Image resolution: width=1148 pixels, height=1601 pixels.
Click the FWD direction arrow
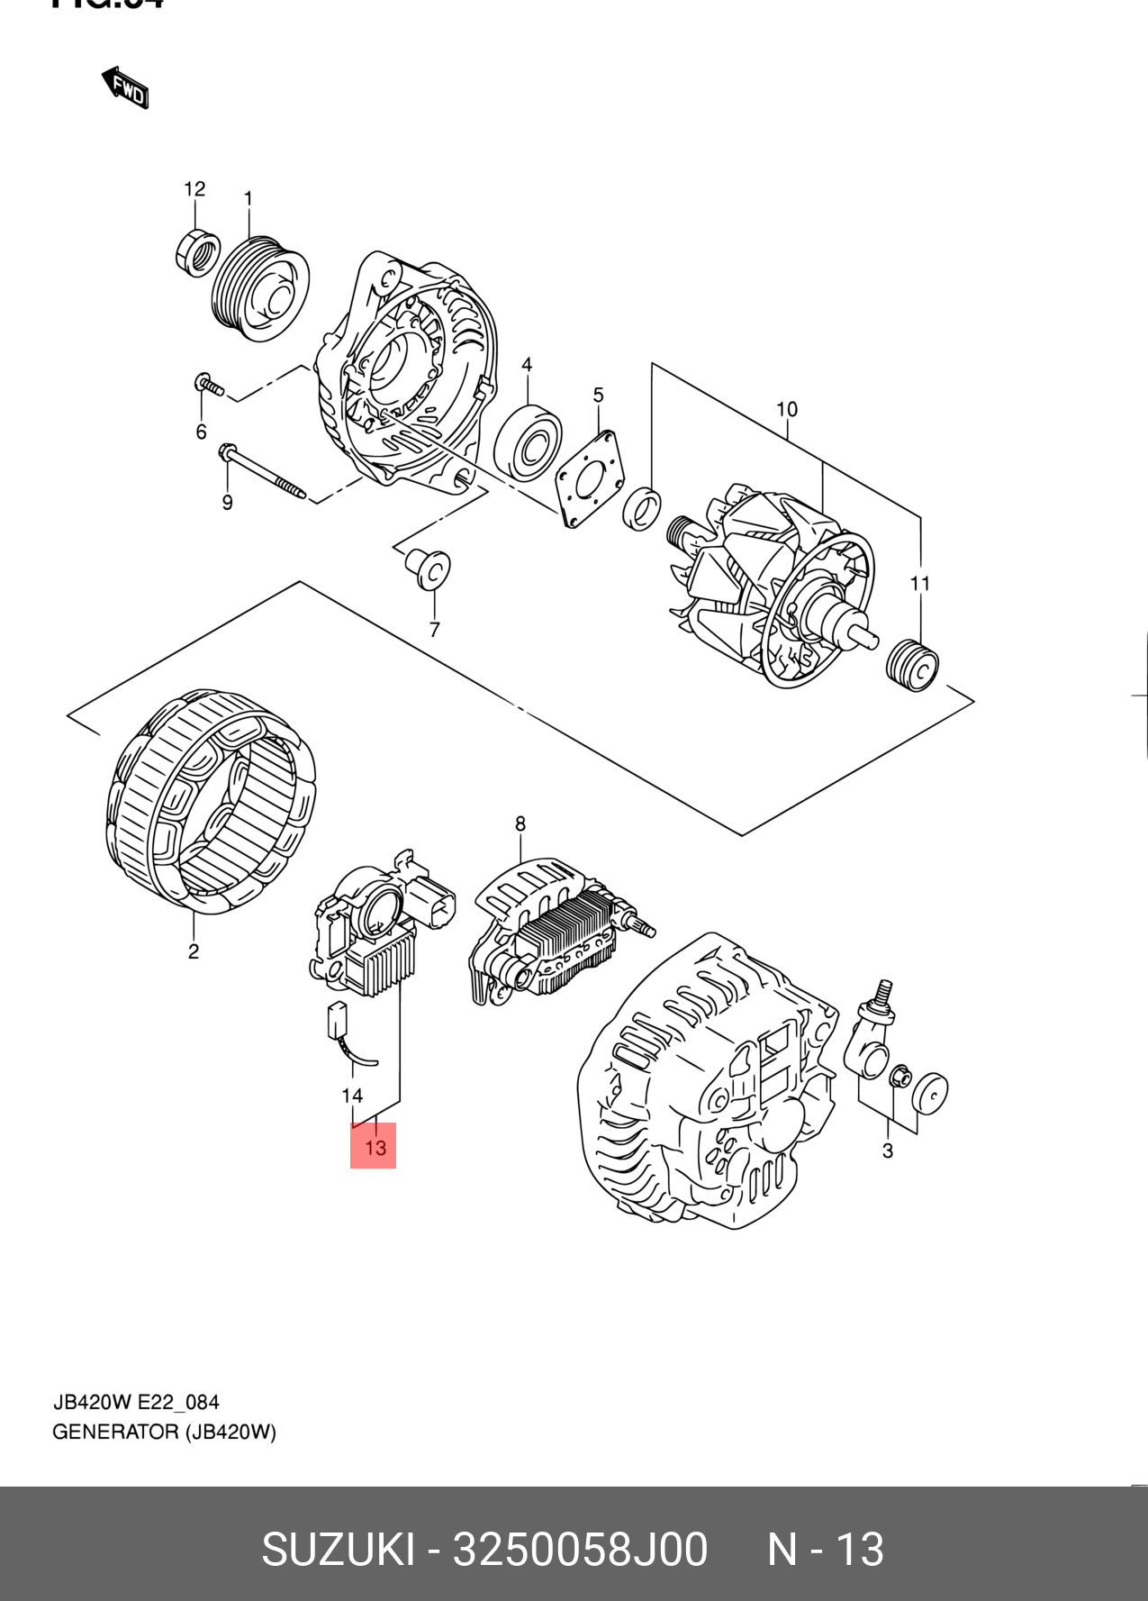pyautogui.click(x=125, y=87)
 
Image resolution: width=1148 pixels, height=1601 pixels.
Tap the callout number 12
pyautogui.click(x=194, y=189)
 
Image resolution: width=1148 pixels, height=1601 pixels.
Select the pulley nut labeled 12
pyautogui.click(x=198, y=252)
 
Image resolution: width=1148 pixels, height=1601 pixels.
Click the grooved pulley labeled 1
pyautogui.click(x=259, y=289)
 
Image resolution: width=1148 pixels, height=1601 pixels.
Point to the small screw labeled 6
pyautogui.click(x=209, y=386)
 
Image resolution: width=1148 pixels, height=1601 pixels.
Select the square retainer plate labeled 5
pyautogui.click(x=591, y=478)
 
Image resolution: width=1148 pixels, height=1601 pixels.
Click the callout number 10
pyautogui.click(x=787, y=410)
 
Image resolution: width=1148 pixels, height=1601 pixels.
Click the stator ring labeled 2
pyautogui.click(x=211, y=802)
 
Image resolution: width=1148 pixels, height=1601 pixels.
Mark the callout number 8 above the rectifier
pyautogui.click(x=520, y=824)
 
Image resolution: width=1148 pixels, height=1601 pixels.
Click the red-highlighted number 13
pyautogui.click(x=374, y=1147)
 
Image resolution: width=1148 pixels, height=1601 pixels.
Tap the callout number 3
pyautogui.click(x=888, y=1151)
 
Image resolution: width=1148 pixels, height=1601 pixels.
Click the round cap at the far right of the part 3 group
pyautogui.click(x=929, y=1094)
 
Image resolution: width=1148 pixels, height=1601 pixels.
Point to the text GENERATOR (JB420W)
pyautogui.click(x=165, y=1432)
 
